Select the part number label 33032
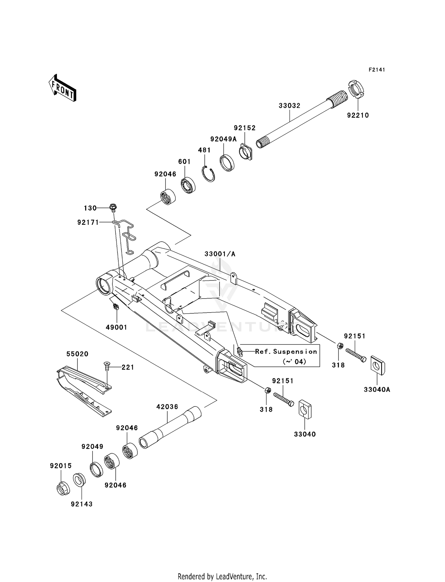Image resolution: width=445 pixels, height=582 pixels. [x=289, y=106]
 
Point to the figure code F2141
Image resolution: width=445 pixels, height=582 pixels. [x=377, y=70]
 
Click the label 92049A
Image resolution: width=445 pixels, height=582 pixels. [x=223, y=139]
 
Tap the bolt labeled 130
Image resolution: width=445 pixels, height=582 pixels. [x=113, y=208]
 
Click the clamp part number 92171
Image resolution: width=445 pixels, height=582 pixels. [x=88, y=222]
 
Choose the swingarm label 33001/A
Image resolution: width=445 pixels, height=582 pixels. [x=220, y=254]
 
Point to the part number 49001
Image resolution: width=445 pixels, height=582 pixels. [x=116, y=327]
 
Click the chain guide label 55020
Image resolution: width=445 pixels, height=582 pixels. [x=77, y=354]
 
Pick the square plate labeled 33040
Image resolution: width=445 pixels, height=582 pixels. [x=305, y=409]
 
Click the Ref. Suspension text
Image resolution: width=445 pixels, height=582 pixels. [x=286, y=352]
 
